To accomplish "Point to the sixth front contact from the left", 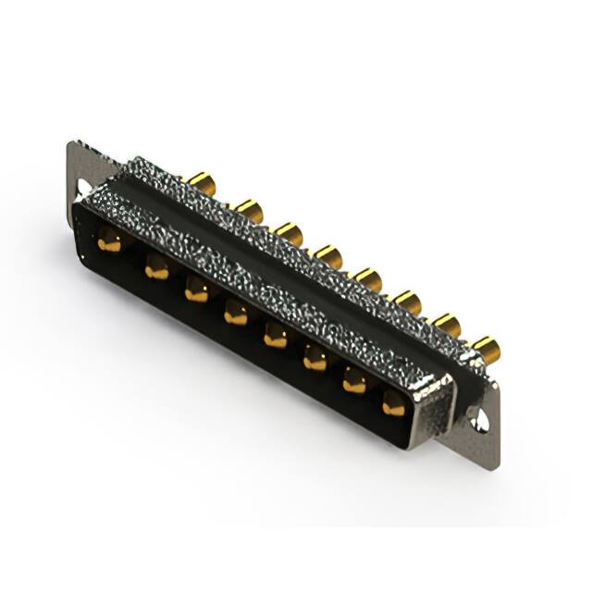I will pyautogui.click(x=315, y=359).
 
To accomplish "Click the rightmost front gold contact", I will pyautogui.click(x=394, y=402).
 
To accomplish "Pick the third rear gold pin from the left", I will pyautogui.click(x=289, y=233).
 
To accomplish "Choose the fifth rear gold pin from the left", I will pyautogui.click(x=368, y=278).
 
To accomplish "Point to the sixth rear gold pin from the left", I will pyautogui.click(x=408, y=302).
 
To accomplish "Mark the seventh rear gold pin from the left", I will pyautogui.click(x=447, y=325).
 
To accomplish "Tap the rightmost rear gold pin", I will pyautogui.click(x=486, y=349).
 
